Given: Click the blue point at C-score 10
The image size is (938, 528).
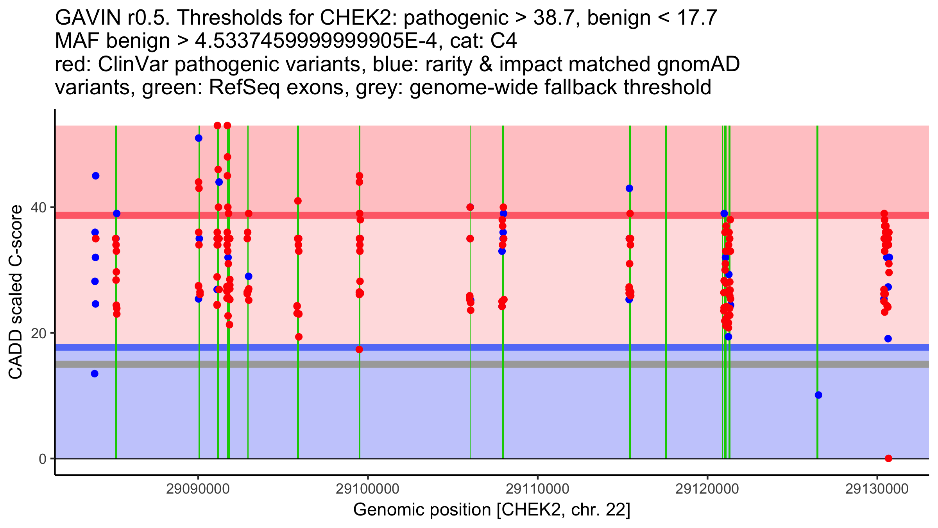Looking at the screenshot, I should click(818, 395).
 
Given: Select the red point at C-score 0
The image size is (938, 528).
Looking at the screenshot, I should click(888, 458).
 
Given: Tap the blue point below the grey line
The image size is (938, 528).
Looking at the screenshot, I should click(95, 374).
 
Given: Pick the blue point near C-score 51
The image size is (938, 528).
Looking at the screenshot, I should click(199, 138).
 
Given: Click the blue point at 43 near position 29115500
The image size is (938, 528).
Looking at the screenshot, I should click(629, 189).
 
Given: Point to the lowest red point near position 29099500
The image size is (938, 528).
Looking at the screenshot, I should click(359, 349).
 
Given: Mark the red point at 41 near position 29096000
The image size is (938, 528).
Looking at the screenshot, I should click(298, 201).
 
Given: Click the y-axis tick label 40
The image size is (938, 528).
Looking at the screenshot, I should click(39, 207).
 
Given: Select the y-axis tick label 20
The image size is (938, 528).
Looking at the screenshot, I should click(39, 333).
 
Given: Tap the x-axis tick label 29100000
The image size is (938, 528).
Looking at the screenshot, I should click(367, 489).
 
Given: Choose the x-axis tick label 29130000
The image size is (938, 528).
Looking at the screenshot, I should click(877, 489).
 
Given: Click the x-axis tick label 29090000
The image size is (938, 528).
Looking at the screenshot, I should click(198, 489).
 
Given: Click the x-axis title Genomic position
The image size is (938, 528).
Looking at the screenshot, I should click(492, 510).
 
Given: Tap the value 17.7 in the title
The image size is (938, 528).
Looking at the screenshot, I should click(697, 18).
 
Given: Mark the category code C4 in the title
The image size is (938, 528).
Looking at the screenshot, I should click(504, 41).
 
